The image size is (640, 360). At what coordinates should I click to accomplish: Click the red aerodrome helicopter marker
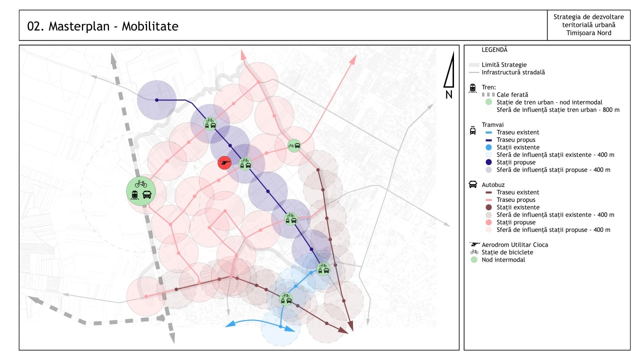click(224, 162)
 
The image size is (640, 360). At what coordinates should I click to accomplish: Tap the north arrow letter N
click(448, 93)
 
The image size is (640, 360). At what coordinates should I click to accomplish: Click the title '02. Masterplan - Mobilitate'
click(102, 26)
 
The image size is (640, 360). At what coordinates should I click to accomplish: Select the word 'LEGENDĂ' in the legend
click(494, 50)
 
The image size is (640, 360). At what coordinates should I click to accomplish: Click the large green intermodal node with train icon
click(141, 191)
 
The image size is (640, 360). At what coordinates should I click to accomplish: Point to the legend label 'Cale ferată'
click(512, 94)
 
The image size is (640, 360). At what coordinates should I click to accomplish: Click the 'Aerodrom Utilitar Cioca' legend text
click(515, 244)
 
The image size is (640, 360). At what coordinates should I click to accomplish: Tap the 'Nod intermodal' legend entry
click(503, 259)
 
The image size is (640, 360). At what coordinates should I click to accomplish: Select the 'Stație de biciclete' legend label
click(507, 252)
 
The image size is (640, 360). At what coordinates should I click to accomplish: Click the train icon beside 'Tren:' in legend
click(472, 88)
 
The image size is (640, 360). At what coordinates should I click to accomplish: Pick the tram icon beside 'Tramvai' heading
click(472, 130)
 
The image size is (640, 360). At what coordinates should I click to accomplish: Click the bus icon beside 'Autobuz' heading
click(472, 184)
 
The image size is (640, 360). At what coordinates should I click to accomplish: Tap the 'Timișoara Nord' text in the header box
click(588, 33)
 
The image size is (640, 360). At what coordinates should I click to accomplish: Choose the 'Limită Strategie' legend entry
click(504, 64)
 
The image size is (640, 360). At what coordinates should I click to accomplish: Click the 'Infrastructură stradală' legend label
click(513, 72)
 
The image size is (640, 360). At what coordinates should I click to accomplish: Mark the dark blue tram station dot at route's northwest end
click(156, 100)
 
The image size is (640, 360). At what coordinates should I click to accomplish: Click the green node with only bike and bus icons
click(294, 146)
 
